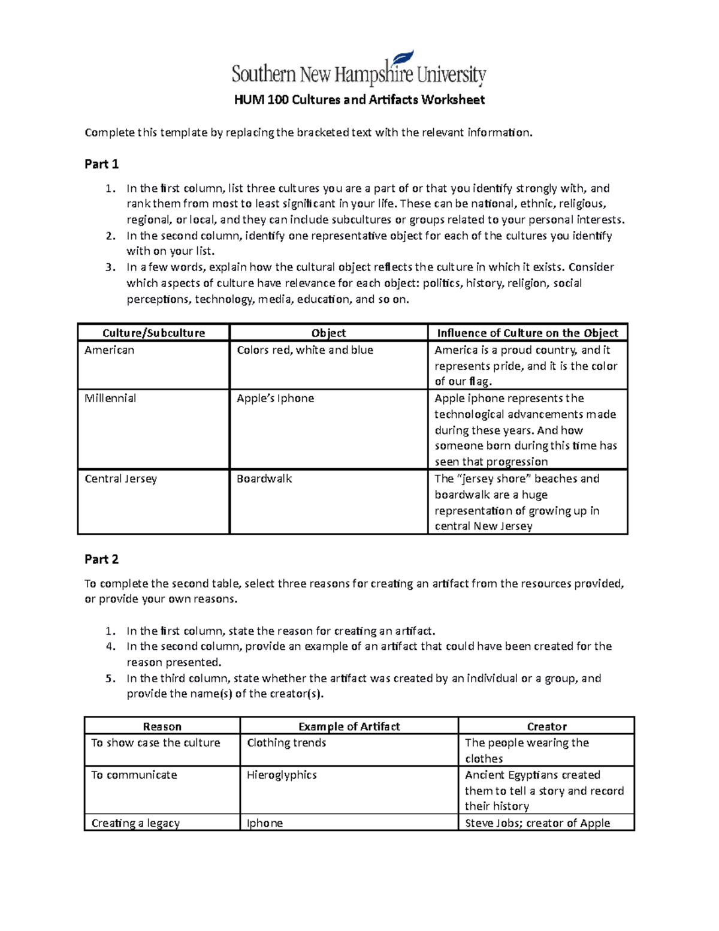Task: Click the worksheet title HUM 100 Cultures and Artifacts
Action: point(359,100)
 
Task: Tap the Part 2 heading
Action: point(101,559)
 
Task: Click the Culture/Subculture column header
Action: point(153,333)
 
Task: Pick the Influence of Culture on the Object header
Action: point(527,333)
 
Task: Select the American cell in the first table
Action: point(110,350)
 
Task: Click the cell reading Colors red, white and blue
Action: point(305,350)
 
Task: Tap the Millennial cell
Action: point(110,399)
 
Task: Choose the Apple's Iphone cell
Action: point(276,399)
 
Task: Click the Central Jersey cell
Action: point(120,479)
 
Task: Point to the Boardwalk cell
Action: point(264,479)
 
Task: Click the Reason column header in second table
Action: point(162,727)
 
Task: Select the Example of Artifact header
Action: point(349,727)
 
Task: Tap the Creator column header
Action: point(546,727)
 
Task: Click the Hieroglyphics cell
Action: point(282,775)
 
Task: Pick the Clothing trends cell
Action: point(286,743)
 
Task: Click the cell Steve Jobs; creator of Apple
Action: point(537,823)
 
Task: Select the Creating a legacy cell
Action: point(135,823)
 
